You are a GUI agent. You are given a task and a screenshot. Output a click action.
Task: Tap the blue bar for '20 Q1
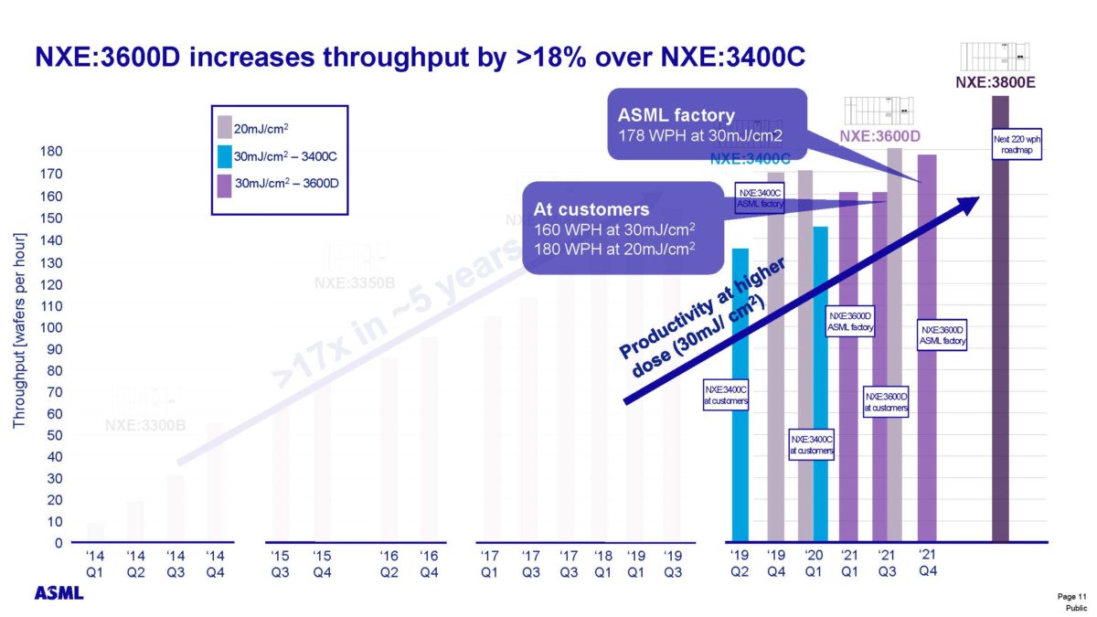(x=821, y=384)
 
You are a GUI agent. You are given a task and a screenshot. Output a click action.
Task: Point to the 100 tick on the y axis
(x=53, y=327)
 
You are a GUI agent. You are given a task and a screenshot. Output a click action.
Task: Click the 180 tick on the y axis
(x=53, y=153)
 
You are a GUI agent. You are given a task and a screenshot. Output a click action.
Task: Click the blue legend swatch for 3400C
(x=224, y=156)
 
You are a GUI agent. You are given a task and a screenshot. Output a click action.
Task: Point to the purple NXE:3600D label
(x=879, y=137)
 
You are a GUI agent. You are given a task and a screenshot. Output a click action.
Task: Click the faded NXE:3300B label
(x=145, y=424)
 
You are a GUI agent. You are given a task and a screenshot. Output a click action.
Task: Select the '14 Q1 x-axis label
(x=95, y=563)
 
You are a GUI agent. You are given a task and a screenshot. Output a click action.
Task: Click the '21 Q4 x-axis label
(x=926, y=562)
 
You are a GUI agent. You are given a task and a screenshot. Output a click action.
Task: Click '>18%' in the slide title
(x=565, y=57)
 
